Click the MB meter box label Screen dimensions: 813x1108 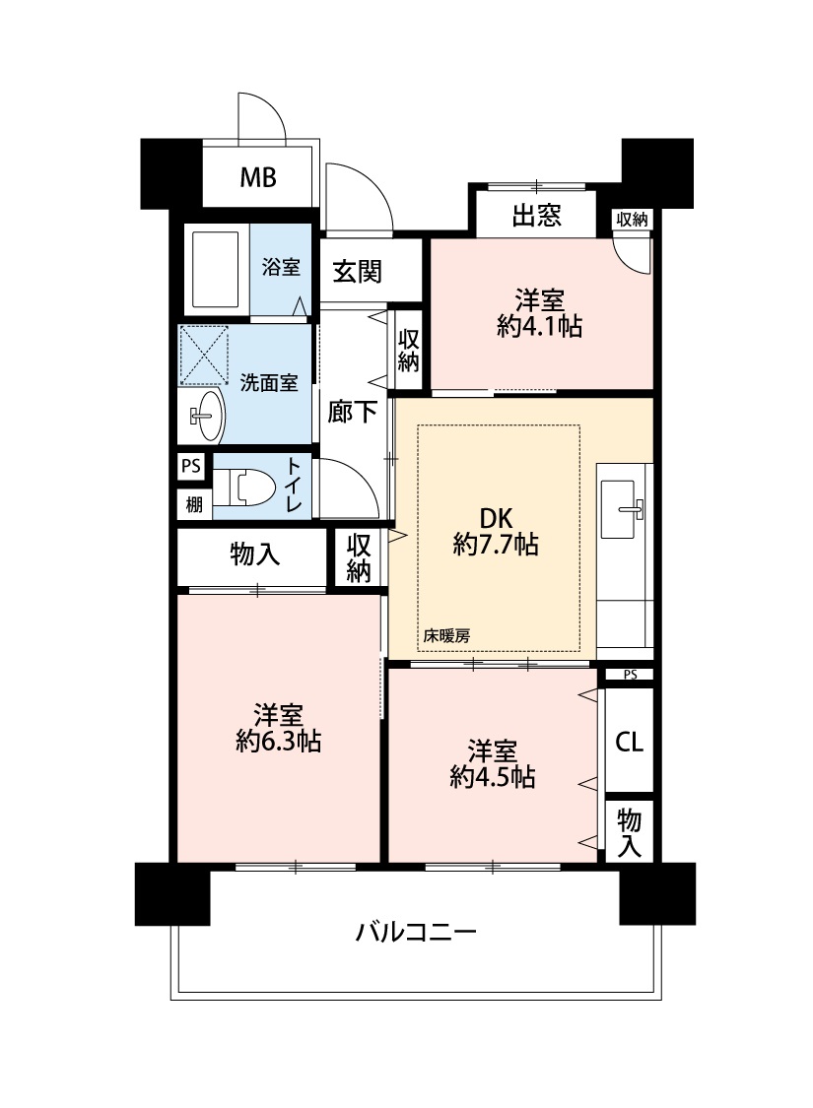[258, 177]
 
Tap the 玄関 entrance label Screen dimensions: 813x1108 [358, 272]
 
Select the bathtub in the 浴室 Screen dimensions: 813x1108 [216, 269]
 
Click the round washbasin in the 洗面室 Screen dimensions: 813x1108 [206, 416]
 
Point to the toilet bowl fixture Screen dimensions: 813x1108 [242, 488]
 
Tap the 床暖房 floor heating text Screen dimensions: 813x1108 [446, 636]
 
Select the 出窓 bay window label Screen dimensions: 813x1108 [536, 215]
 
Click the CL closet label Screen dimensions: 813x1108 [629, 742]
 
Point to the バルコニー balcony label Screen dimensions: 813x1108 [416, 933]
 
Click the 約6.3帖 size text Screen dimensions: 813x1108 [279, 742]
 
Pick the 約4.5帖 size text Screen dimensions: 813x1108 [492, 777]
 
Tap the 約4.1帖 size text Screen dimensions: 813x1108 [539, 326]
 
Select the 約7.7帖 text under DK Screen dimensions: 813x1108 [496, 545]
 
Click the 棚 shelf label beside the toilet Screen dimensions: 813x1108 [194, 504]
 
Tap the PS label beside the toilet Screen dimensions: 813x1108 [191, 467]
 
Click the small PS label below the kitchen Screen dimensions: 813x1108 [631, 675]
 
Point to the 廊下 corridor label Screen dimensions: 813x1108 [352, 412]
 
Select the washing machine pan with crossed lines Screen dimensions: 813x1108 [204, 355]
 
